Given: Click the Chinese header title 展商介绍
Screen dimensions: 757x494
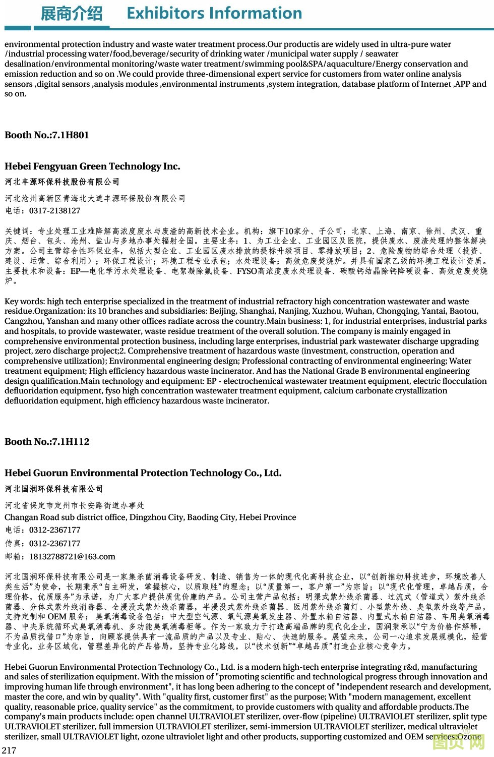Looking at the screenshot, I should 71,14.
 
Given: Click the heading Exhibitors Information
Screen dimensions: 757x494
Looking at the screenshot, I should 214,13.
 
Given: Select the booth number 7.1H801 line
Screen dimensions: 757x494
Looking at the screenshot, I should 47,135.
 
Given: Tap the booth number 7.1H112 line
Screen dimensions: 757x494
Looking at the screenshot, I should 47,442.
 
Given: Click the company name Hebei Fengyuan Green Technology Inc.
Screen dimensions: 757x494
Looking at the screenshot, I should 92,166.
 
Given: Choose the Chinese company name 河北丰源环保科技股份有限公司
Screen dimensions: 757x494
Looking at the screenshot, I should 62,182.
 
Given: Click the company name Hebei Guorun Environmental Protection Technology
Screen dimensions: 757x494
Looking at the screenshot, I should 143,473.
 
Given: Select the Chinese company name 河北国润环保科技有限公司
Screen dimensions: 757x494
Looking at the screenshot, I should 54,489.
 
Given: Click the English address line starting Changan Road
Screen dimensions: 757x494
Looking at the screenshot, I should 150,517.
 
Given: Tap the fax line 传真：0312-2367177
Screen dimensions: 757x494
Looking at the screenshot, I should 43,544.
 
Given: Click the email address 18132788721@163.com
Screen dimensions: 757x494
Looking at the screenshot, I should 72,557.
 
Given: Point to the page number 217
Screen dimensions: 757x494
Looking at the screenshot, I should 9,750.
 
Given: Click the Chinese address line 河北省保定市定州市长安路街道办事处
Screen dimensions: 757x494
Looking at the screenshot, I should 75,505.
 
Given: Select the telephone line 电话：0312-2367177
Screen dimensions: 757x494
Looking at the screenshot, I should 43,530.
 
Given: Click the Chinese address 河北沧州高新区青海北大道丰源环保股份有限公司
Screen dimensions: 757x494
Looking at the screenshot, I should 95,199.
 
